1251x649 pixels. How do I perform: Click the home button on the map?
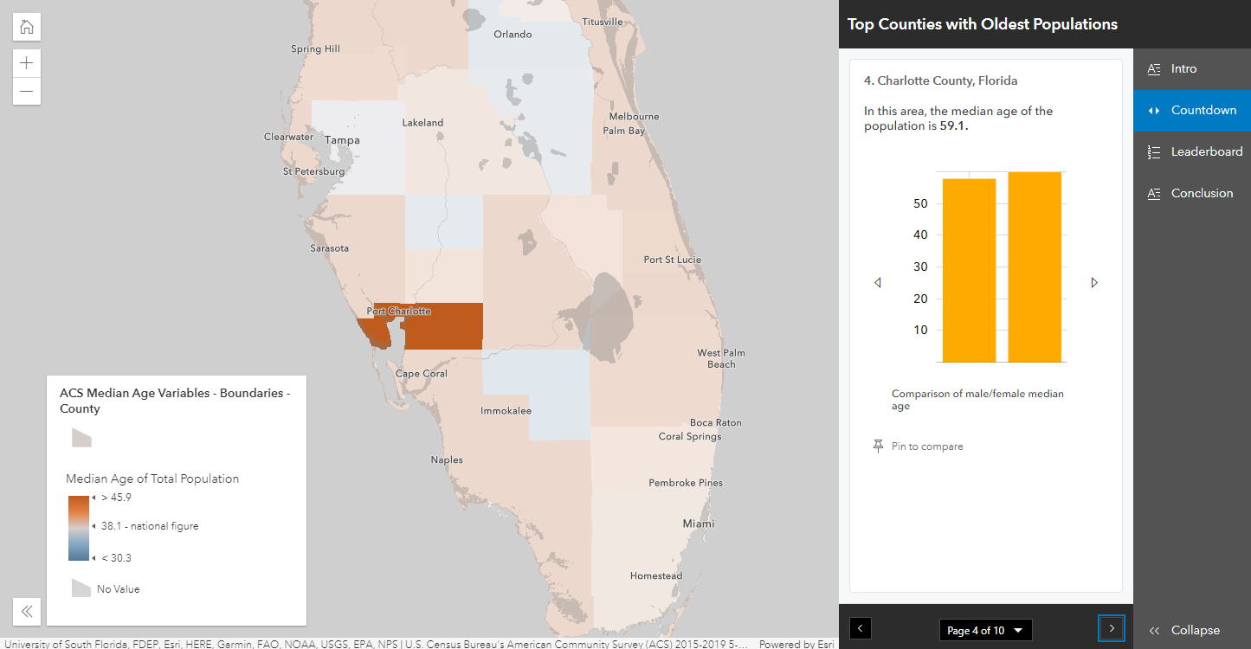(27, 27)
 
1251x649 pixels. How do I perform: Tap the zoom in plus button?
(27, 63)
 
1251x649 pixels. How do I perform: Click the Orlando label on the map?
(513, 35)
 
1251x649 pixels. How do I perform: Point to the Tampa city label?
(342, 140)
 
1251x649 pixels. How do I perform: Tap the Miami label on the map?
(698, 524)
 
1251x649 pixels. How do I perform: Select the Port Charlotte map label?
(398, 311)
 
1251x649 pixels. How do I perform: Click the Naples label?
(447, 459)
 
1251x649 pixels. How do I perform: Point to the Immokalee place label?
(506, 411)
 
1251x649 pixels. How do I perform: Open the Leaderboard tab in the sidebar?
(1206, 151)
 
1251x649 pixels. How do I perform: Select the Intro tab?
(1183, 68)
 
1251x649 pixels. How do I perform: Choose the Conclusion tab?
(1202, 193)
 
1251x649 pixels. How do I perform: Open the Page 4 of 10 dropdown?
(985, 630)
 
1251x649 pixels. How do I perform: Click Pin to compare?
(926, 447)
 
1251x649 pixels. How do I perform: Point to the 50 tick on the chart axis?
(919, 203)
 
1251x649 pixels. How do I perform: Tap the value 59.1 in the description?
(952, 126)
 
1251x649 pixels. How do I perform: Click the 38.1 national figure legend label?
(150, 526)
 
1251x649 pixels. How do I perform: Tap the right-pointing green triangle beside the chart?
(1094, 283)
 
